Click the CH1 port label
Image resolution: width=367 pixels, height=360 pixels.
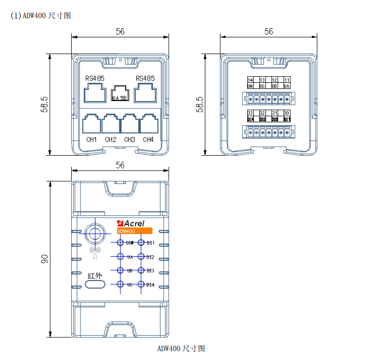click(92, 140)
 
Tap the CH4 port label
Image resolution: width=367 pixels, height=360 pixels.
click(148, 140)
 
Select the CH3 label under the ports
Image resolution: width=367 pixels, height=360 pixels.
click(129, 140)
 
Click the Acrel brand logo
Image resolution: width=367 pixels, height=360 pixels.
click(131, 223)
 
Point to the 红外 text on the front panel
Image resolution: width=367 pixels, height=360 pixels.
click(95, 275)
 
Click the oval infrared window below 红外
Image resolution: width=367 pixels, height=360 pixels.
click(95, 284)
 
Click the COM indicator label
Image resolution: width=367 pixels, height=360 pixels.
click(130, 243)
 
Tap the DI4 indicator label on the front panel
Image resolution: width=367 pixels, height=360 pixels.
click(150, 284)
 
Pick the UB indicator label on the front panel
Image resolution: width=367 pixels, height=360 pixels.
click(130, 271)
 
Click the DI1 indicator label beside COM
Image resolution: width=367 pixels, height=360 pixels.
click(150, 243)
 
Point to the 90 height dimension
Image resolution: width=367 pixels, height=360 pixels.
click(45, 258)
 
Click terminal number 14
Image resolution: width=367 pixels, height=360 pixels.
click(250, 81)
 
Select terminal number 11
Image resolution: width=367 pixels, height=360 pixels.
click(286, 81)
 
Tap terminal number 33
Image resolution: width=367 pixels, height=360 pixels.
click(250, 113)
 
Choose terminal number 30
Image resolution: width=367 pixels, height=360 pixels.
click(286, 113)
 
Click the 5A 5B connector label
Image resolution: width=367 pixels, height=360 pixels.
click(120, 98)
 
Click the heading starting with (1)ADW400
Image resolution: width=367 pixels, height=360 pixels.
click(41, 15)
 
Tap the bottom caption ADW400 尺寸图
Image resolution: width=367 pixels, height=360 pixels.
click(181, 348)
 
